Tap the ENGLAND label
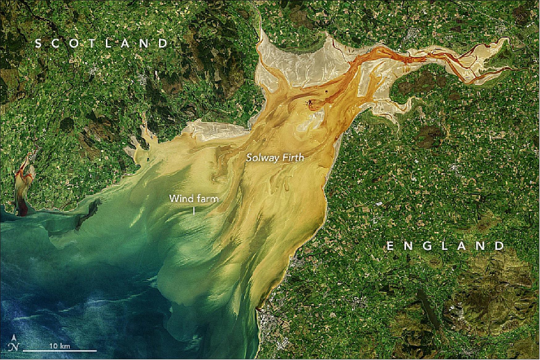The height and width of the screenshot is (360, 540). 445,246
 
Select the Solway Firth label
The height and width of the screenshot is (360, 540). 275,158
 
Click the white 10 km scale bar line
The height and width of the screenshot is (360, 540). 60,351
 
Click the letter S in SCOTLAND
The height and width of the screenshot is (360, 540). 38,43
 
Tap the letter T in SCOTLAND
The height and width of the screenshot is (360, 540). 98,43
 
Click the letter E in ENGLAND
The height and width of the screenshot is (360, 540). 390,246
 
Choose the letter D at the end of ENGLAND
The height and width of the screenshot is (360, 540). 500,246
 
